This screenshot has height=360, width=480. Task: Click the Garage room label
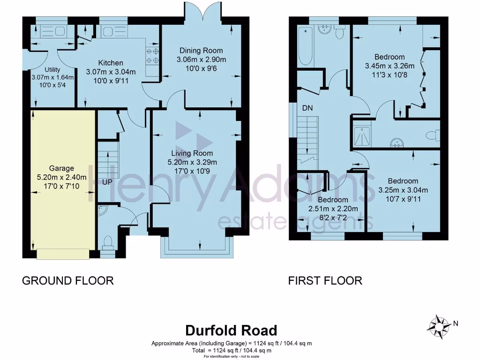[x=61, y=168]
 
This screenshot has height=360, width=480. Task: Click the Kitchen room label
[x=111, y=63]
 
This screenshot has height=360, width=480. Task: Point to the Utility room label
[x=52, y=69]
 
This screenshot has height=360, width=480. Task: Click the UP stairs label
[x=107, y=181]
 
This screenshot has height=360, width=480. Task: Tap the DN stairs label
[x=307, y=108]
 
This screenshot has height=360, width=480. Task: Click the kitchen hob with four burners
[x=153, y=56]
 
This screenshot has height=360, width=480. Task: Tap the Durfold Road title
[x=231, y=330]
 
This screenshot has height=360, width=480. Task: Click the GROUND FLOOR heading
[x=68, y=281]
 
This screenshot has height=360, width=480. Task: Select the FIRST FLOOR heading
[x=325, y=281]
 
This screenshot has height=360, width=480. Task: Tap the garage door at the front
[x=63, y=254]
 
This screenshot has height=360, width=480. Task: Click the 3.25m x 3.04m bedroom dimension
[x=403, y=190]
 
